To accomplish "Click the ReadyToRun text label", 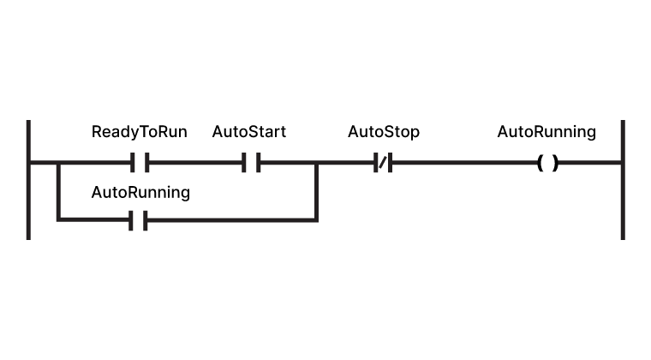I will [139, 132].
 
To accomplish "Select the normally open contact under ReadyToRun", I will [140, 162].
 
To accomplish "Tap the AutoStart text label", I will [248, 132].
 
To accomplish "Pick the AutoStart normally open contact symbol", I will [250, 162].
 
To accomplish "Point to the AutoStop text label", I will [383, 132].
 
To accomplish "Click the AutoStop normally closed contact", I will [383, 162].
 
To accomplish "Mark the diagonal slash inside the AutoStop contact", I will [383, 162].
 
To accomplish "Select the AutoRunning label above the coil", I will [546, 132].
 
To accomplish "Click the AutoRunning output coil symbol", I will [547, 162].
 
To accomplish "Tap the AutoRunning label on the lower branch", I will [140, 192].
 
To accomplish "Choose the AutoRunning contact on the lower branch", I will [140, 221].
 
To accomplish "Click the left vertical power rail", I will [28, 180].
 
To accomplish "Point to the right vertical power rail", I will [622, 180].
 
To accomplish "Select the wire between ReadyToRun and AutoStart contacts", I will [194, 162].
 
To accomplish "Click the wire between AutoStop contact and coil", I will [463, 162].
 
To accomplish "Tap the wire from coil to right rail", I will [589, 162].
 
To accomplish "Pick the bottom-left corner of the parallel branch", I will [58, 220].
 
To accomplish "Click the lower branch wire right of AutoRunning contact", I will [231, 221].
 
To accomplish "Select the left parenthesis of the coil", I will [540, 162].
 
